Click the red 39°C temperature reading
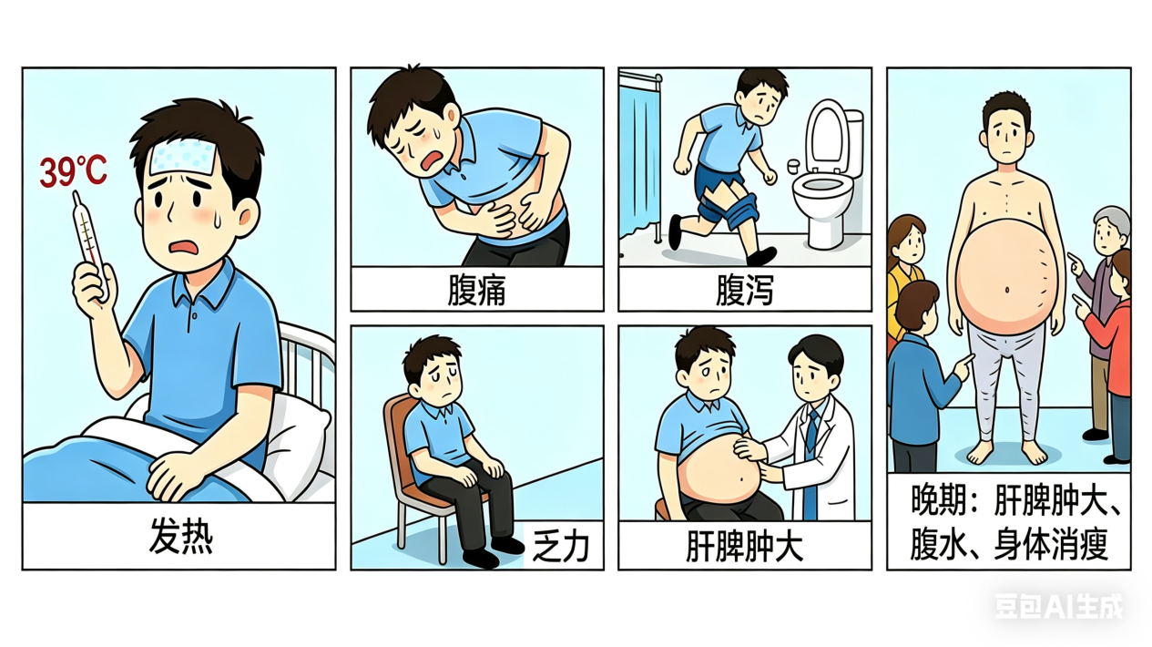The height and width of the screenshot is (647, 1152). pos(73,171)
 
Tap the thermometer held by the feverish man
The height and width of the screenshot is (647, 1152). pos(88,241)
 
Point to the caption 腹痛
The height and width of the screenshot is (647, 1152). pos(476,290)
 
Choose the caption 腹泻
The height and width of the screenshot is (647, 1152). pos(745,290)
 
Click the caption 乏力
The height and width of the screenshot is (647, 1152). pos(561,547)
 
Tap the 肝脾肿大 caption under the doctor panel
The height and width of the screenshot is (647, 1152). pos(745,547)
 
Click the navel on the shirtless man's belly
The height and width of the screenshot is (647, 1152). pos(1006,291)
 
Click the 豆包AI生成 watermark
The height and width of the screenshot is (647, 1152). pos(1059,606)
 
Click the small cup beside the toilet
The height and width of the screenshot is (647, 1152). pos(793,166)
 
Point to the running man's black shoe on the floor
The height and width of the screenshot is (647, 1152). pos(761,256)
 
